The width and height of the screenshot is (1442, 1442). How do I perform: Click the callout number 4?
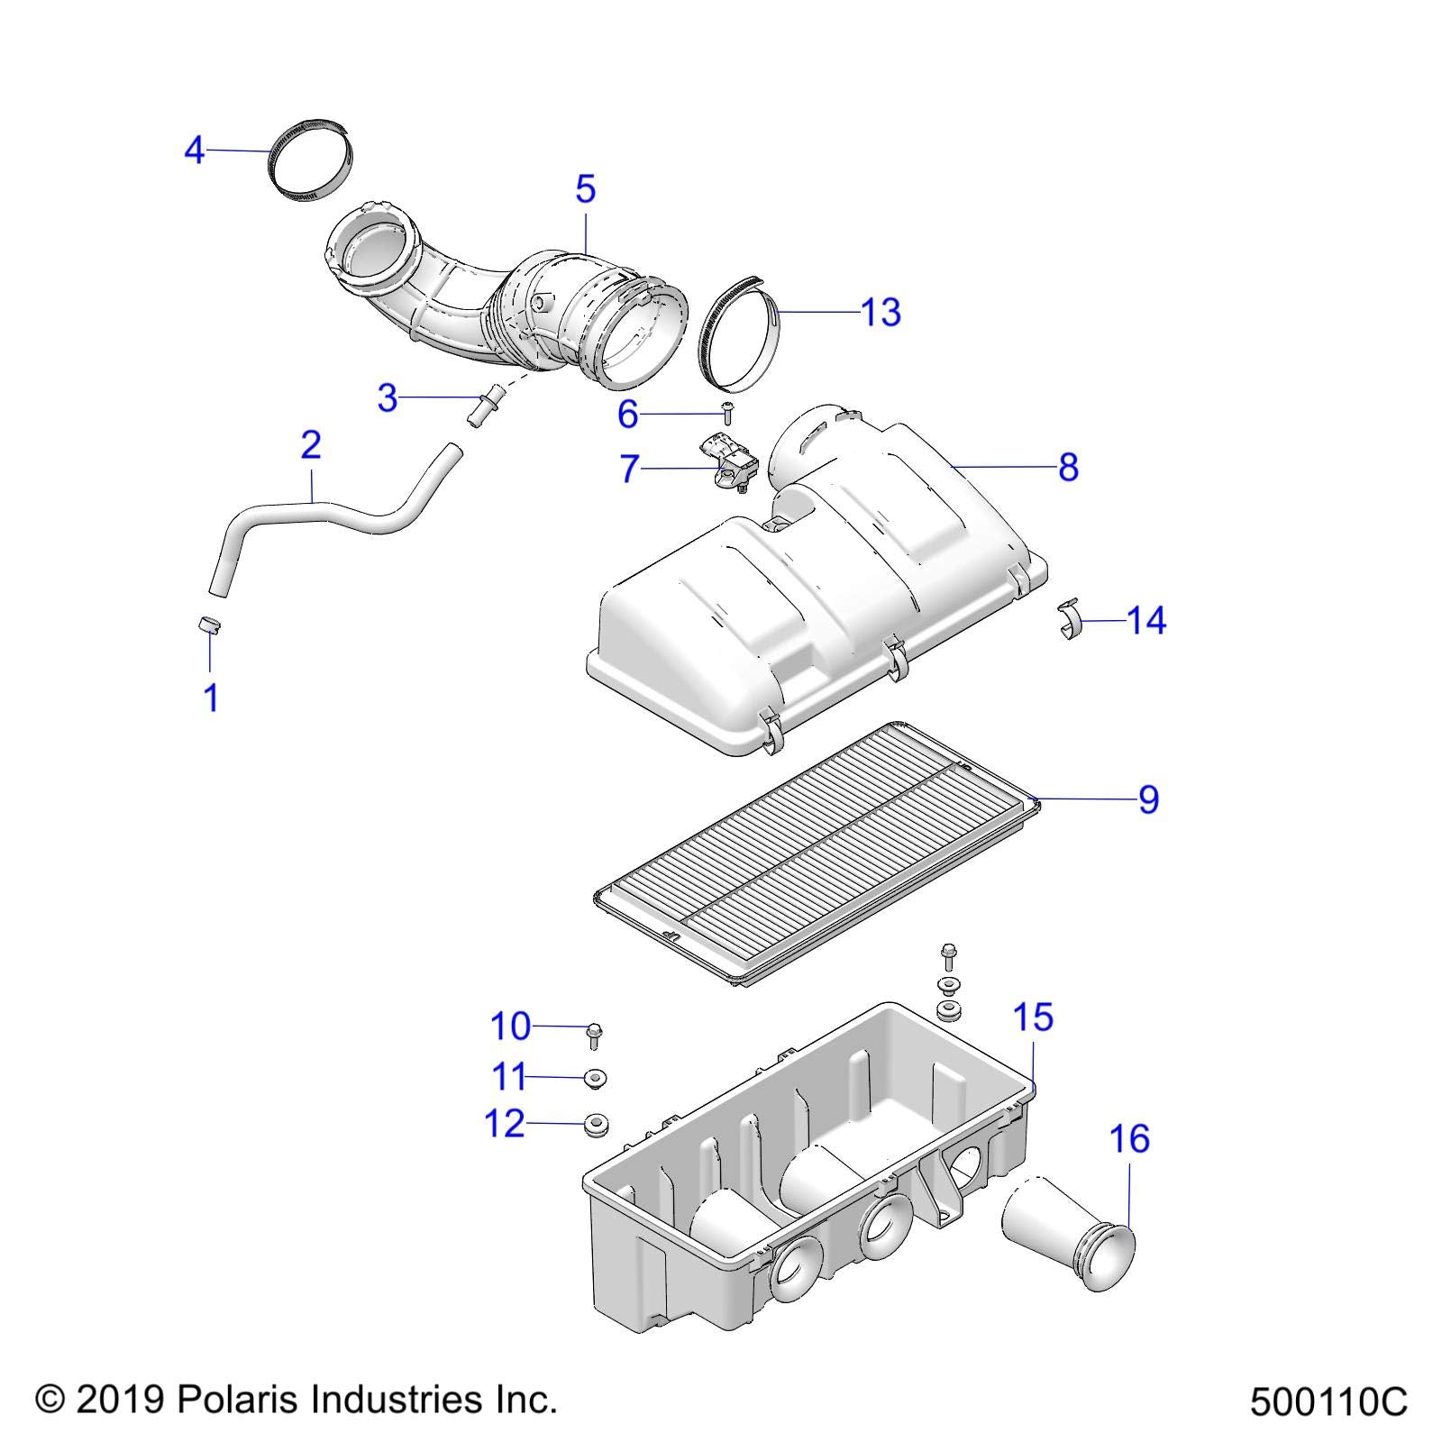[x=194, y=151]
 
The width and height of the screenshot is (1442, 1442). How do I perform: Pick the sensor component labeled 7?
[x=730, y=461]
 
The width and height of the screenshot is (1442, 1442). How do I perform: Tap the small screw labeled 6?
[x=728, y=413]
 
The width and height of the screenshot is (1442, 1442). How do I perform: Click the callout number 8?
[x=1068, y=467]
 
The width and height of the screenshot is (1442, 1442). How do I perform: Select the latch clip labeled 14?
[x=1067, y=621]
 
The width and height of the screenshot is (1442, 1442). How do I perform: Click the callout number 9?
[x=1147, y=799]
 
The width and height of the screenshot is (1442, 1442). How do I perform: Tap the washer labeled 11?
[x=594, y=1077]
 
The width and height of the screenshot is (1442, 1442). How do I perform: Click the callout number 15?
[x=1033, y=1018]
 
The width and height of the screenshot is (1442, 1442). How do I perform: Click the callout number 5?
[x=585, y=189]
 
